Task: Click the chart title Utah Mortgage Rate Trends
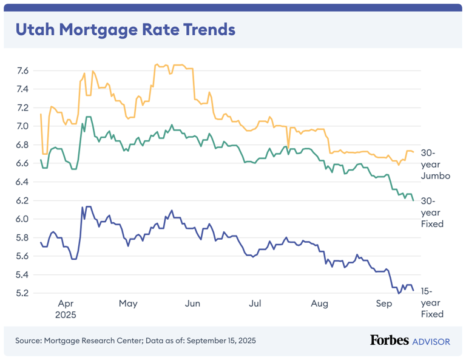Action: tap(124, 29)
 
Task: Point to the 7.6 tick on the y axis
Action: tap(22, 71)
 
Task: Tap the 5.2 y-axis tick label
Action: tap(22, 293)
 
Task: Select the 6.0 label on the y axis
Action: tap(22, 219)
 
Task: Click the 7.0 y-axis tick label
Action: tap(22, 126)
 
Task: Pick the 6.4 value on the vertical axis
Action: tap(22, 182)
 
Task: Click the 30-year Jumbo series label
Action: tap(435, 164)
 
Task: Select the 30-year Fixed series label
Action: tap(432, 212)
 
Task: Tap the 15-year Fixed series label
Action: tap(432, 302)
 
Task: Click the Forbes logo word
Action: tap(390, 341)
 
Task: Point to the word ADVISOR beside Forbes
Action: tap(431, 341)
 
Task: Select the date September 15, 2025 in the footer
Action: tap(220, 341)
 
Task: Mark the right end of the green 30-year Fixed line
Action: tap(413, 200)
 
